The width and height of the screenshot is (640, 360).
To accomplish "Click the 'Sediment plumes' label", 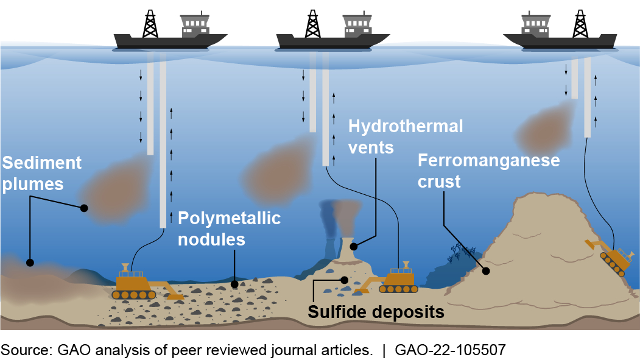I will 41,174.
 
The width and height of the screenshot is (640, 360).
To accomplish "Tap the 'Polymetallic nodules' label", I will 229,228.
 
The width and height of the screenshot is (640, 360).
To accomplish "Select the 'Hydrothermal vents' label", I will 406,136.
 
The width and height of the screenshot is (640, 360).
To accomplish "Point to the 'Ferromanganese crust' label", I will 488,171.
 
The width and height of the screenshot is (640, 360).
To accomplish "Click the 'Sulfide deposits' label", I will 376,312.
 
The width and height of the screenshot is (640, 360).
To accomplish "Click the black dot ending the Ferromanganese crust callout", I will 486,270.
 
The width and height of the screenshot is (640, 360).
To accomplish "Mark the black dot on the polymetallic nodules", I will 235,284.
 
